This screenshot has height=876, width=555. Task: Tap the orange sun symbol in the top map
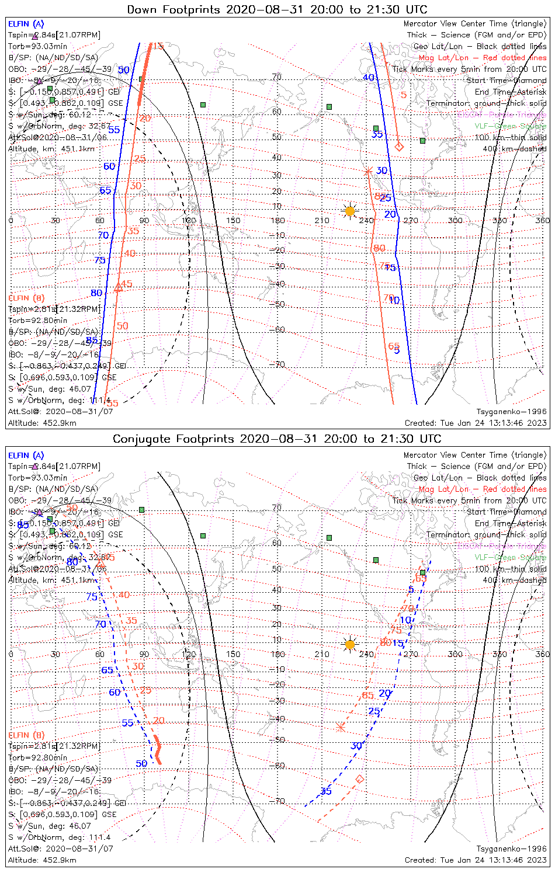point(350,211)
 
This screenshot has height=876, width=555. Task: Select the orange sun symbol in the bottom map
point(350,645)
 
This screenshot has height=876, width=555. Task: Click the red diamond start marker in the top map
point(399,147)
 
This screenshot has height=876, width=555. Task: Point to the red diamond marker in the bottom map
point(360,779)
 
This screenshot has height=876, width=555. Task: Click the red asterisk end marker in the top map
point(368,171)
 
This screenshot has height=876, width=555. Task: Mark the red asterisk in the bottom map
point(341,727)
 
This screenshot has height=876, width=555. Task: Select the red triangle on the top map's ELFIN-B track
point(118,287)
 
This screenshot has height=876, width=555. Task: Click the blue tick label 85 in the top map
point(92,340)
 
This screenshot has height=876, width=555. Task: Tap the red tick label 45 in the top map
point(126,284)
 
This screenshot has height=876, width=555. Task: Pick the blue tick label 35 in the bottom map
point(326,791)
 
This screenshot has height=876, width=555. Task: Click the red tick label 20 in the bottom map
point(159,721)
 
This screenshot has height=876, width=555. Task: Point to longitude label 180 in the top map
point(277,220)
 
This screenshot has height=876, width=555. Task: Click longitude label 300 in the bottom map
point(455,654)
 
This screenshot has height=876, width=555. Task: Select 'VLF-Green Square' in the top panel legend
point(511,126)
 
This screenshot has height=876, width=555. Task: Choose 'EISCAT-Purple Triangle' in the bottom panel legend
point(502,546)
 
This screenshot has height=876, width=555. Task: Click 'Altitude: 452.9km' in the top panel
point(42,423)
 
